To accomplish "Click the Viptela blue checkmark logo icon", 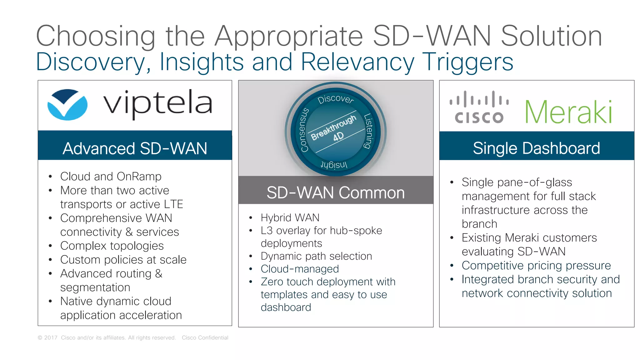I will point(67,105).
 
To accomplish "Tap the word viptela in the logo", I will point(158,103).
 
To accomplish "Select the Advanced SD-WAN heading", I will point(135,148).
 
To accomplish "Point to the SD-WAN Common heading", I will point(336,192).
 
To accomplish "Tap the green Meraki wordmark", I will point(568,112).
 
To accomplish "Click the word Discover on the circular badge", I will point(336,99).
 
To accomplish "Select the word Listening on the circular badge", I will point(368,131).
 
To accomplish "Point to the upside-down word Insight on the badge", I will point(334,165).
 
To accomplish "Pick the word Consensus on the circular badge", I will point(304,130).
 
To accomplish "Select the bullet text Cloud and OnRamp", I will point(111,177).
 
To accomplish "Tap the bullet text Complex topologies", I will point(112,246).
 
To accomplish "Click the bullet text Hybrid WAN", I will point(290,217).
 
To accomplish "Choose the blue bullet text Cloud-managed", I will point(300,269).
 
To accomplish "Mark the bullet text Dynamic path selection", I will point(316,256).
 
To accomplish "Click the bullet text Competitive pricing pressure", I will point(536,265).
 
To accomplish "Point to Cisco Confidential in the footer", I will point(205,337).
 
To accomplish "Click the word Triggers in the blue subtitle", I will point(467,62).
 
